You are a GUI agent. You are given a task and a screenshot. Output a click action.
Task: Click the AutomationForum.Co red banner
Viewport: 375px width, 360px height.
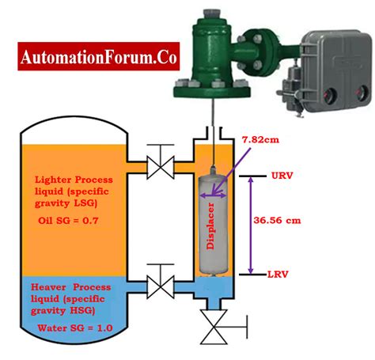[99, 56]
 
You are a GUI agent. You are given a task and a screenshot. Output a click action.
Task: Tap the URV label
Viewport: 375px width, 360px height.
[282, 176]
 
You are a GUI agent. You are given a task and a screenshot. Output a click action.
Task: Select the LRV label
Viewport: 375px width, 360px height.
[278, 275]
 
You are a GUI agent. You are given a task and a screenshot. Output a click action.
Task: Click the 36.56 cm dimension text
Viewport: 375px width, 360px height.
[277, 220]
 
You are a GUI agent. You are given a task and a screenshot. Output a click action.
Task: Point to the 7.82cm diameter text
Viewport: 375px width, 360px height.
[260, 139]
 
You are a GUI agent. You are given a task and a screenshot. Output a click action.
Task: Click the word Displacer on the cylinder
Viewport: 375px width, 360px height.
[210, 226]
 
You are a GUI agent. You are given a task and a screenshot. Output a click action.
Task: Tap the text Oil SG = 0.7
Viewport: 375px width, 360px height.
[68, 220]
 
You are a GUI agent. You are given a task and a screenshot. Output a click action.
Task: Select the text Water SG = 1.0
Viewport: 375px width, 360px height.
[75, 328]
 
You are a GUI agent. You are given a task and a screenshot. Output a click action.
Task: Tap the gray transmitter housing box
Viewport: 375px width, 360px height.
[336, 70]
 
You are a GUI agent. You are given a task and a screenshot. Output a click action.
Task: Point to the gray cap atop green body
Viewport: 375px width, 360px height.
[212, 15]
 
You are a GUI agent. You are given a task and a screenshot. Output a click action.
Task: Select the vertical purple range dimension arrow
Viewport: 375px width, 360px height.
[251, 225]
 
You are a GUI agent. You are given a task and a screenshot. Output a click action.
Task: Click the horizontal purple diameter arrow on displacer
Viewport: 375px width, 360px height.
[213, 195]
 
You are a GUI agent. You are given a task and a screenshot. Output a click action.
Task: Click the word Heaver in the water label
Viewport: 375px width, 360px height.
[48, 287]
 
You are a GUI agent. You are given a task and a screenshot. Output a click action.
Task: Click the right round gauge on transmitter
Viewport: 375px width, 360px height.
[361, 93]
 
